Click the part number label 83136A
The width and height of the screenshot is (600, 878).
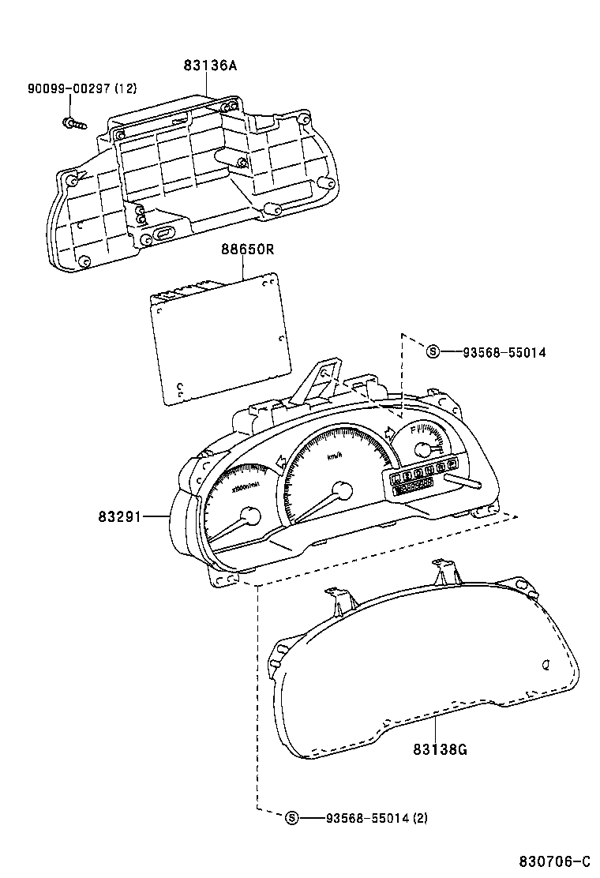[x=211, y=66]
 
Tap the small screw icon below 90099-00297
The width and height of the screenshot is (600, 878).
[x=73, y=123]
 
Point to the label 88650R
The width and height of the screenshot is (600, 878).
[x=247, y=250]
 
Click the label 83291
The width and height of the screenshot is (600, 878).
[x=119, y=517]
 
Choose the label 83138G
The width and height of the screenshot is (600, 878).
[x=440, y=749]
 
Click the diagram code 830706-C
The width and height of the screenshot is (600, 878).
[x=554, y=860]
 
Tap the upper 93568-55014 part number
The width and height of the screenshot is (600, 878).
[x=499, y=352]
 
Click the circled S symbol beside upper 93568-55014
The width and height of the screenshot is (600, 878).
[x=432, y=352]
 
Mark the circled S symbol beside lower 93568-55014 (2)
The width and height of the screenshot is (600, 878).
[x=291, y=818]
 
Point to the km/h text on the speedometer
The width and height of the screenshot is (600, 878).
[x=336, y=456]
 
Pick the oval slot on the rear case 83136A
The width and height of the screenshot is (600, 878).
[x=164, y=233]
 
